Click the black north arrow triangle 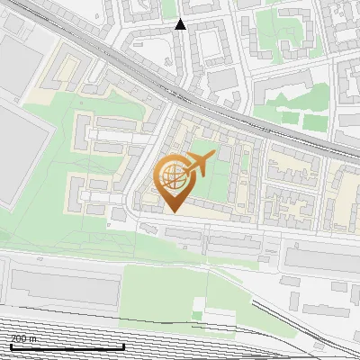181,24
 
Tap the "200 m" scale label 23,338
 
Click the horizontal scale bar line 67,346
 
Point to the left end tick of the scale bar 11,346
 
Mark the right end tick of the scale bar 123,346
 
